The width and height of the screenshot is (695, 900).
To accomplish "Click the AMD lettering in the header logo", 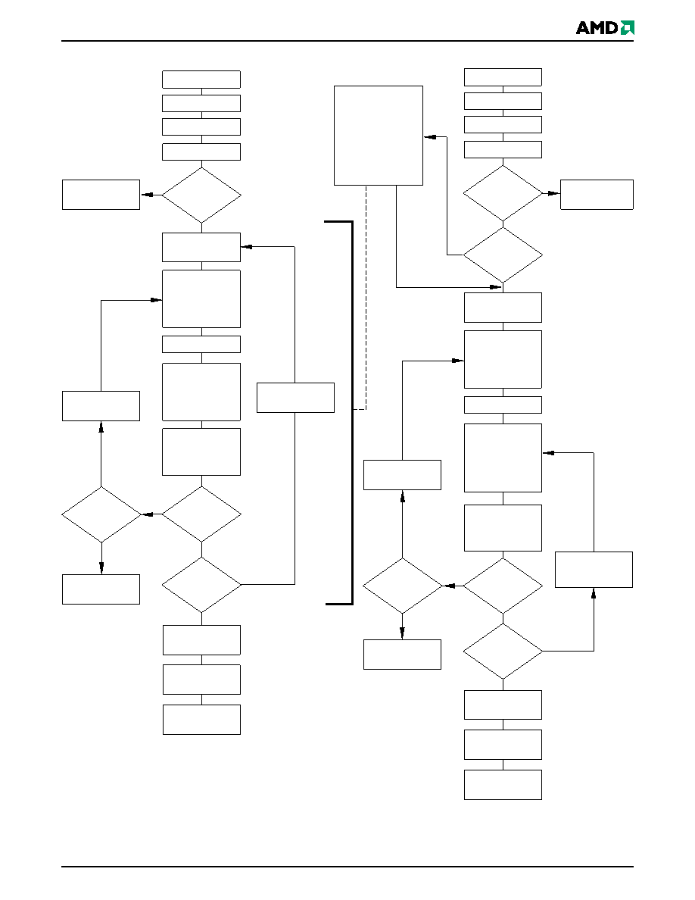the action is tap(597, 27).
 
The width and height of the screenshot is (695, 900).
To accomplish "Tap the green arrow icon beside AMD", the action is tap(628, 27).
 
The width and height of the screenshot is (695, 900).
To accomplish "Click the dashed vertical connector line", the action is tap(366, 297).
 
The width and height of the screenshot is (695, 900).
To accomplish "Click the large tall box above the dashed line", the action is tap(379, 136).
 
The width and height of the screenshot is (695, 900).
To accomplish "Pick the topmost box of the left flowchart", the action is tap(201, 80).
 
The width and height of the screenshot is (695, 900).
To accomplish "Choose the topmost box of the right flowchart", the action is tap(503, 77).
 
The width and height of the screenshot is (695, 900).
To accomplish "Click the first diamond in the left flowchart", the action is tap(201, 195).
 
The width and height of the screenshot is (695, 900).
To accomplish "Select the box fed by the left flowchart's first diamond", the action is tap(101, 195).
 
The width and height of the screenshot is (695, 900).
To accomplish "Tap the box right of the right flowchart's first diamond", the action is tap(597, 195).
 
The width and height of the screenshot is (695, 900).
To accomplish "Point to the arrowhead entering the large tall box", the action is tap(430, 136).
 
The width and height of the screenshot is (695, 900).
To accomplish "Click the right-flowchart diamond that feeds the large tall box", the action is tap(503, 255).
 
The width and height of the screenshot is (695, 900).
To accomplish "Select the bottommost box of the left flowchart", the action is tap(201, 720).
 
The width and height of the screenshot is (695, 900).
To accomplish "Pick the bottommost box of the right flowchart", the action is tap(503, 785).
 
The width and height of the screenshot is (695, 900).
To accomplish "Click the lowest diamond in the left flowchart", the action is tap(201, 585).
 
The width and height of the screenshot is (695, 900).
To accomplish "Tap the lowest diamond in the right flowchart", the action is tap(503, 652).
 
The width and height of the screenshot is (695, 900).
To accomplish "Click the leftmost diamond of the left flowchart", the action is tap(101, 515).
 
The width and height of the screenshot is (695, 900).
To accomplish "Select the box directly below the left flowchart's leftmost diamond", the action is tap(101, 589).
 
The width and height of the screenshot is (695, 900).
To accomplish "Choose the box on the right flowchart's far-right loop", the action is tap(594, 570).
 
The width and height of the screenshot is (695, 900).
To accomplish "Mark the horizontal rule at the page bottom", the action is tap(347, 866).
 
